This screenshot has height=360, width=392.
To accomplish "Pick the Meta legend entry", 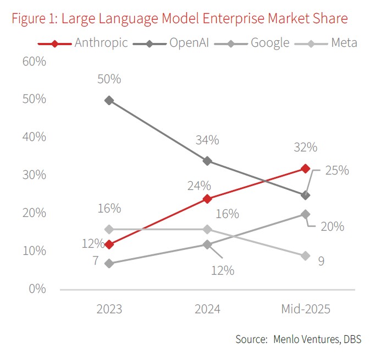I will click(x=344, y=43).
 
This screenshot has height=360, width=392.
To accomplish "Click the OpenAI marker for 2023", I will click(x=109, y=101).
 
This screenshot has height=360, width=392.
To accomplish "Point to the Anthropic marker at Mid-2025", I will click(x=306, y=168).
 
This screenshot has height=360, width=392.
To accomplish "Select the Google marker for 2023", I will click(x=109, y=264).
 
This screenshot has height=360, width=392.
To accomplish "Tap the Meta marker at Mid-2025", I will click(x=306, y=256).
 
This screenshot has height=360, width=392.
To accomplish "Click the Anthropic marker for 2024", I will click(x=207, y=199).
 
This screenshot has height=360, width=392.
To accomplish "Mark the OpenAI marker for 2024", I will click(x=207, y=161).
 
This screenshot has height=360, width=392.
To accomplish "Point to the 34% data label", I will click(x=207, y=140).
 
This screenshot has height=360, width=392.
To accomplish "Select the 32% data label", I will click(x=305, y=148).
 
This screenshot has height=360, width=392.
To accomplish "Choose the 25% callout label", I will click(x=336, y=170).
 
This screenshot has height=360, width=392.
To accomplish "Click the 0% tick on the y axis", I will click(x=37, y=288).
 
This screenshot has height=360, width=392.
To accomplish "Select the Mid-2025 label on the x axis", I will click(x=306, y=308).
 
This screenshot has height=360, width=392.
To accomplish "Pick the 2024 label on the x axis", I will click(x=207, y=308).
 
